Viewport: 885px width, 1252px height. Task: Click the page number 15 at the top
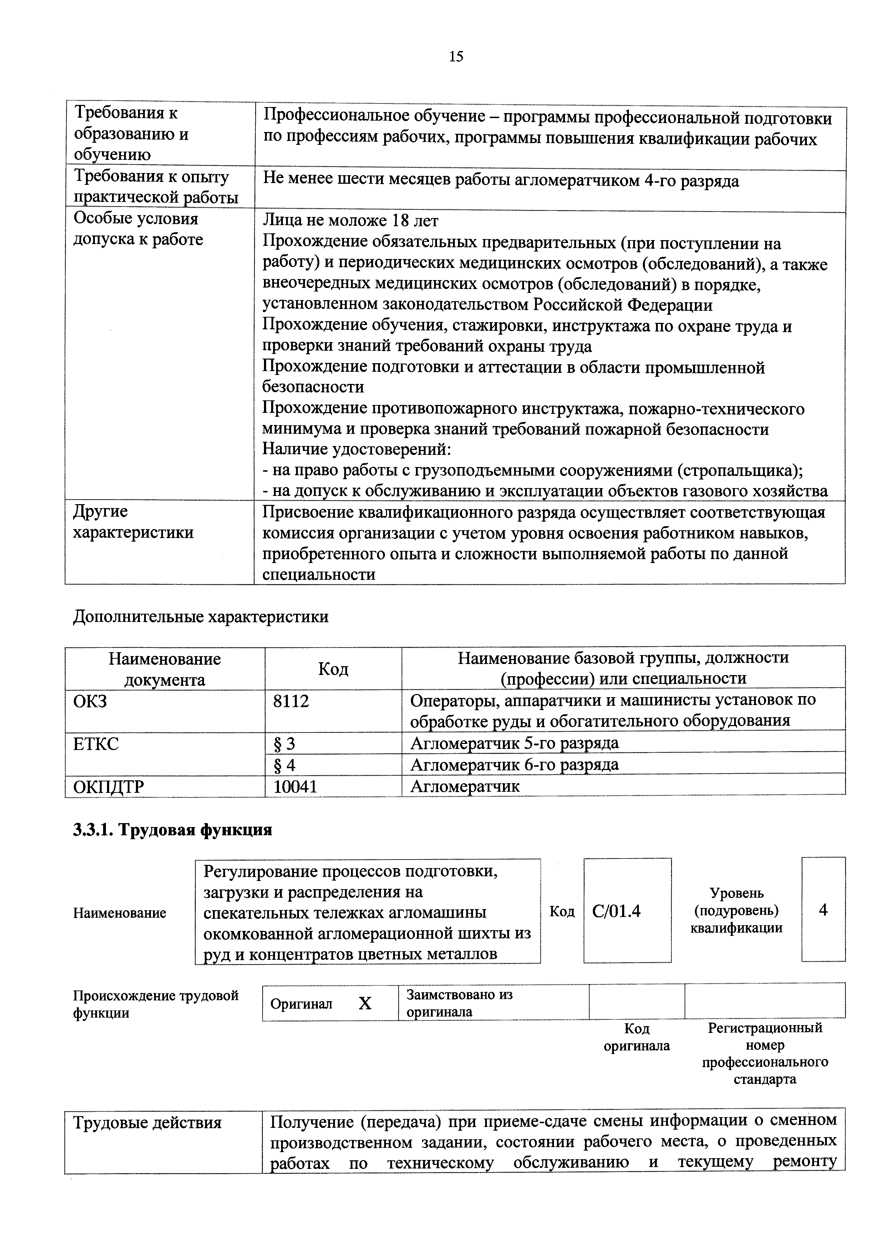pos(456,56)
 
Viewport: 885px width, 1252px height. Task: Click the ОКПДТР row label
pos(108,786)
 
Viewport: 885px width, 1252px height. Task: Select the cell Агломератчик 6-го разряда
pos(514,765)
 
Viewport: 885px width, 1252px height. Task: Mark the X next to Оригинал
pos(365,1003)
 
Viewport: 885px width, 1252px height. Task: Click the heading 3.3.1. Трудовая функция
pos(172,830)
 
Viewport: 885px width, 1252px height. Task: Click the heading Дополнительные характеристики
pos(201,617)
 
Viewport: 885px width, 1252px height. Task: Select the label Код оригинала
pos(636,1037)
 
